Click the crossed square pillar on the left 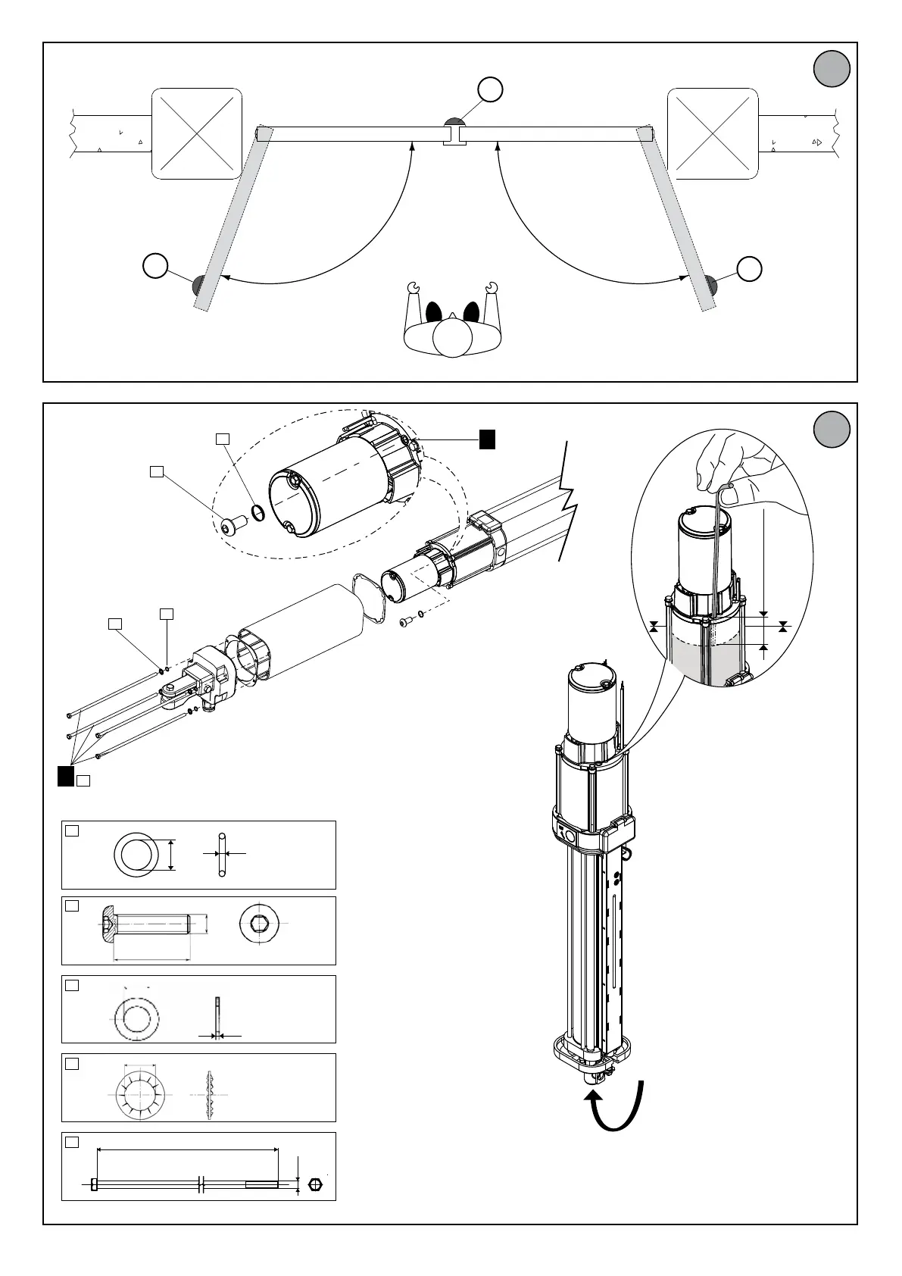click(x=197, y=133)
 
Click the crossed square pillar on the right click(x=713, y=133)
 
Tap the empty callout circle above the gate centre click(x=491, y=89)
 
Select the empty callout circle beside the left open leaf click(x=155, y=267)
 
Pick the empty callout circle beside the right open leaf click(x=749, y=268)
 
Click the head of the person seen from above click(x=452, y=336)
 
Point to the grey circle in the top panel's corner click(x=832, y=69)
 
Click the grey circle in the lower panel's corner click(x=832, y=430)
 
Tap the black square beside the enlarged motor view click(x=488, y=439)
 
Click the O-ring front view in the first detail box click(x=136, y=854)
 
